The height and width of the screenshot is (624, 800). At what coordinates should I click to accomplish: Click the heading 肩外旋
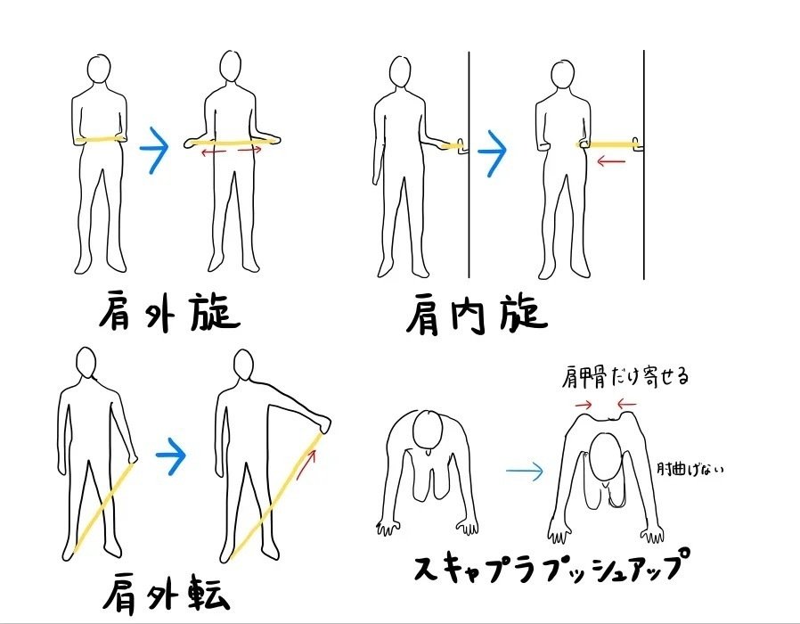click(x=169, y=311)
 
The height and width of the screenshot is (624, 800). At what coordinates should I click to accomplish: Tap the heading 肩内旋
click(x=477, y=315)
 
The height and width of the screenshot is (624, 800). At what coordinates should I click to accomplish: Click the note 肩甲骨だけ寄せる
click(x=625, y=377)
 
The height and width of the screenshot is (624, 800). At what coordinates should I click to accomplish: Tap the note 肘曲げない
click(x=690, y=469)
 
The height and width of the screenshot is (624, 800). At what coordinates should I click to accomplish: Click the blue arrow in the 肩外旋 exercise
click(x=154, y=148)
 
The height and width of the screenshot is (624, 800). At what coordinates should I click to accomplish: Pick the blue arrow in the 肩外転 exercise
click(x=171, y=456)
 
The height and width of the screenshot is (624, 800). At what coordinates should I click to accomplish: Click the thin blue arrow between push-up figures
click(x=525, y=471)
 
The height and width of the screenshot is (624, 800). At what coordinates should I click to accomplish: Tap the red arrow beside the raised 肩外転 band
click(x=306, y=464)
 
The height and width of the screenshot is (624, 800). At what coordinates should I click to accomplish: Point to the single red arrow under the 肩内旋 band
click(x=611, y=162)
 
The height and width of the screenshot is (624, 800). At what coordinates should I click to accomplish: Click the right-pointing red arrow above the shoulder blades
click(x=584, y=405)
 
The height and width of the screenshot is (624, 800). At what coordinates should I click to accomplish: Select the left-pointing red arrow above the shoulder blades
click(x=626, y=405)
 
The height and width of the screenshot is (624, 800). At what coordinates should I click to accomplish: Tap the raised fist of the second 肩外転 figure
click(x=323, y=423)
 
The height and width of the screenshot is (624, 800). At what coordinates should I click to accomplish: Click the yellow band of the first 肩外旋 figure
click(x=101, y=139)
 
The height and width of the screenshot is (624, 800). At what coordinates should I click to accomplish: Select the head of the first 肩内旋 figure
click(x=400, y=73)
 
